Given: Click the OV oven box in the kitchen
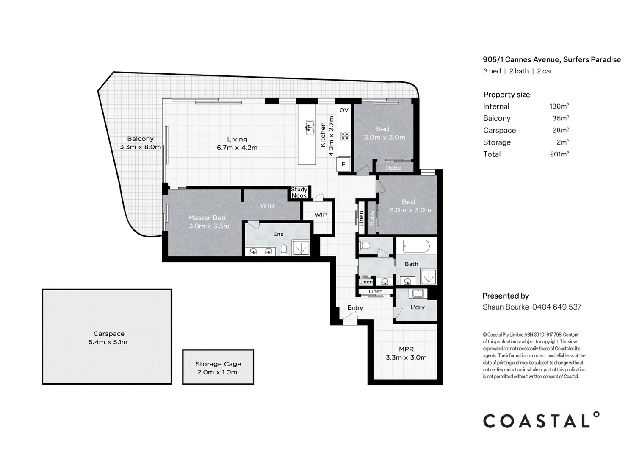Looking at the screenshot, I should click(344, 110).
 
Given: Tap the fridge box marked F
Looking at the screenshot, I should click(343, 164).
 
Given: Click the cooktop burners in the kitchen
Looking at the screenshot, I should click(344, 136).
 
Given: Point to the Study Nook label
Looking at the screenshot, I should click(299, 193).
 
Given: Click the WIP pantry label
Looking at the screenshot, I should click(321, 215).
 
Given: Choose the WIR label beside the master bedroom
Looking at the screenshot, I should click(267, 206).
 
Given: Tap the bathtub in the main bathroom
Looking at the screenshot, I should click(416, 246).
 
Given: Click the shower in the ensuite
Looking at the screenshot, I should click(301, 248).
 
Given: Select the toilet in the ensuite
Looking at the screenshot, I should click(284, 250).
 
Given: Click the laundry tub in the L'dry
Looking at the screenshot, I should click(418, 293).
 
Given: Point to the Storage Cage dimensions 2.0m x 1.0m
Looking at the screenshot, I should click(218, 372).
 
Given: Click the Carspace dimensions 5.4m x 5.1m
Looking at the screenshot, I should click(108, 342).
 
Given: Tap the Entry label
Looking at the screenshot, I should click(355, 308).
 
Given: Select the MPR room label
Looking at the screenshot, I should click(406, 349).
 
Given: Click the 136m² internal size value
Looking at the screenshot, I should click(559, 106).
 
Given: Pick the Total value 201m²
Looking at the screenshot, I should click(559, 154).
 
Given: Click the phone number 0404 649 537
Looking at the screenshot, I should click(556, 307).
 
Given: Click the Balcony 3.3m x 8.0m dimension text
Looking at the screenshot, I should click(140, 147).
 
